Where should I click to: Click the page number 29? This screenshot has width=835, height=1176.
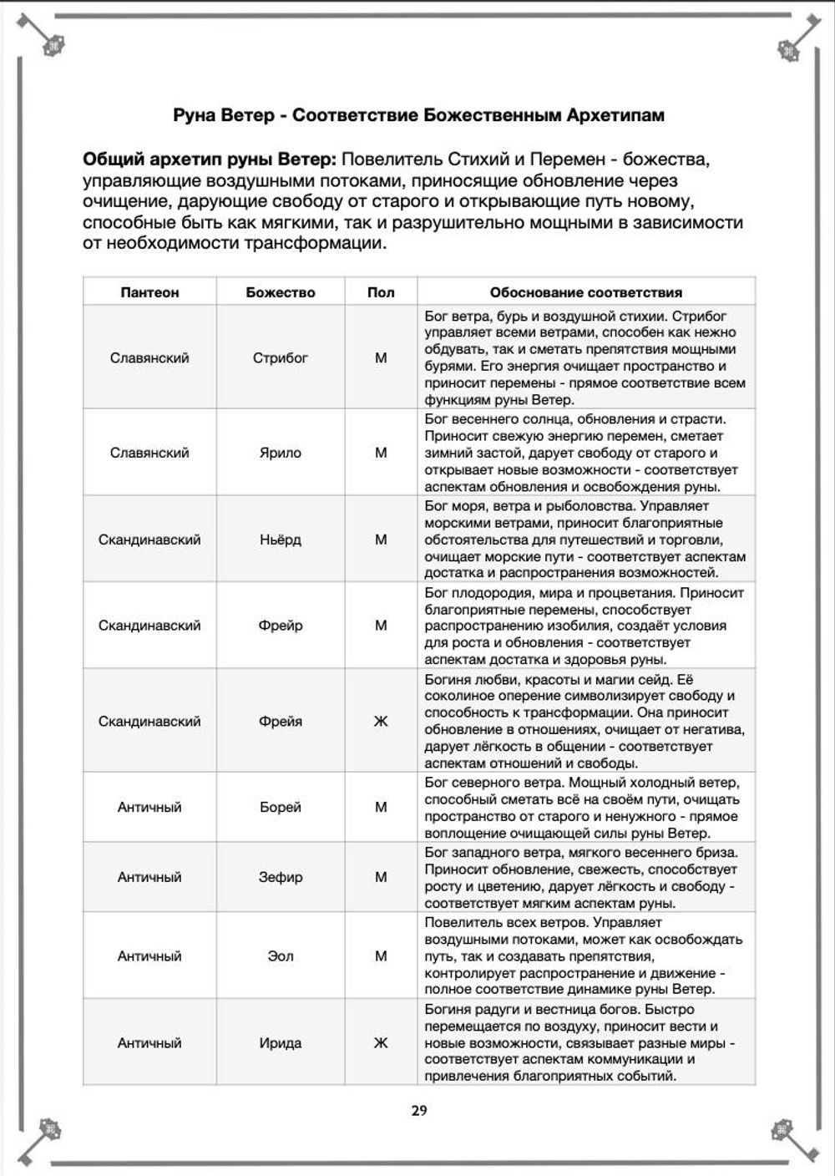(419, 1110)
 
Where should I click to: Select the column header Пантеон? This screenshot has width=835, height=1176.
(149, 292)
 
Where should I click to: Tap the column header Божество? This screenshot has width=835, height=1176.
(281, 292)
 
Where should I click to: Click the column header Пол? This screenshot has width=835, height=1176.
(381, 292)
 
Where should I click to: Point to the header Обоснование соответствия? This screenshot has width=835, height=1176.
(585, 292)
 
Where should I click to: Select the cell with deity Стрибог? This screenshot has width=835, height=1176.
(281, 357)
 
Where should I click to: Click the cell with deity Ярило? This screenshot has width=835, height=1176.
(281, 453)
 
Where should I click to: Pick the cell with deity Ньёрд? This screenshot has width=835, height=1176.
(281, 540)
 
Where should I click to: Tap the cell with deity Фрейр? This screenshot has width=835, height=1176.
(281, 626)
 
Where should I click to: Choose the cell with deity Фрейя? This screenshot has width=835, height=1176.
(281, 721)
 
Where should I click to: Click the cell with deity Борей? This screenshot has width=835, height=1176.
(281, 808)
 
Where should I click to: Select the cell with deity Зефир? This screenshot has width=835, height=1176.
(281, 877)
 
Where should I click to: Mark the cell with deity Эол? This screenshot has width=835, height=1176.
(281, 956)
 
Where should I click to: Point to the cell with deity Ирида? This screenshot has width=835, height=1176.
(281, 1043)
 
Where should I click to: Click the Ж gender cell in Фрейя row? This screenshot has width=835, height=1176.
(381, 721)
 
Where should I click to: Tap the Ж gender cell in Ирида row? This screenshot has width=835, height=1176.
(381, 1043)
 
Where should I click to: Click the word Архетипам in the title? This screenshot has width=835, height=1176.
(615, 115)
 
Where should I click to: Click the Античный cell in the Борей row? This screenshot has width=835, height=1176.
(149, 808)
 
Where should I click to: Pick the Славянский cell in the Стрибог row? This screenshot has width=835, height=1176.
(149, 357)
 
